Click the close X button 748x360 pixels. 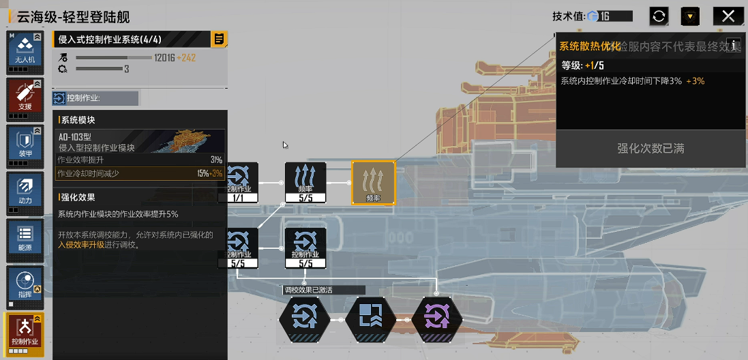728,16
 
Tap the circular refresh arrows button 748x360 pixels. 659,16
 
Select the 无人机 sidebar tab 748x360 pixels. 25,51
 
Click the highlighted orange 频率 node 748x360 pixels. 373,183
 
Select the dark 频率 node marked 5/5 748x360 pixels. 305,183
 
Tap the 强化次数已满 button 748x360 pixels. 650,149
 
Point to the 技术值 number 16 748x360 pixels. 605,16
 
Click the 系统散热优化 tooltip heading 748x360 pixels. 590,46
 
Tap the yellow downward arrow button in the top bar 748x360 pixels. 691,16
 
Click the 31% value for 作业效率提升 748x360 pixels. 216,160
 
